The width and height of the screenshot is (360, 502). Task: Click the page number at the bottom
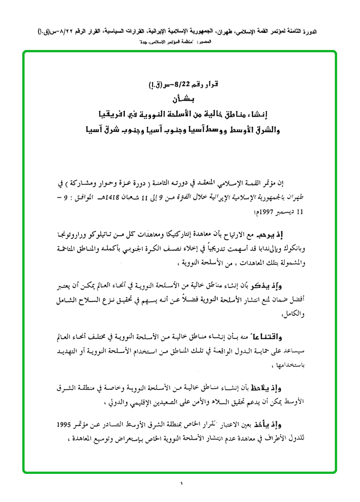[180, 483]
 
